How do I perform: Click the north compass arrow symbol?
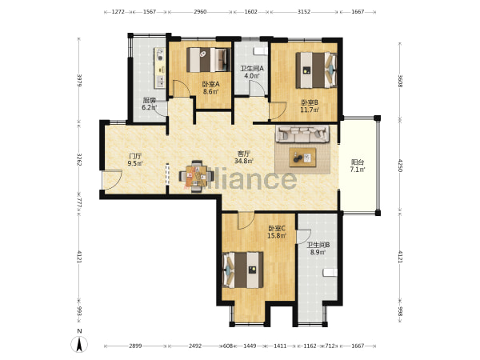click(79, 343)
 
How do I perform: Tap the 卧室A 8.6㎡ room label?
click(210, 87)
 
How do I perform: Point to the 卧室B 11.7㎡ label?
click(310, 106)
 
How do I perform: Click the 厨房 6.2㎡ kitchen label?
click(150, 103)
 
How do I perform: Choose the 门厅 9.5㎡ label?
click(135, 159)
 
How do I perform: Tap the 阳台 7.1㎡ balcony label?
click(358, 166)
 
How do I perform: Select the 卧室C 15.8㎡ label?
click(277, 232)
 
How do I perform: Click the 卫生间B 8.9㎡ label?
click(318, 249)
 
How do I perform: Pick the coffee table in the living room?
click(302, 158)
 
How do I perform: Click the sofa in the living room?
click(302, 134)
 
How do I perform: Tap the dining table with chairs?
click(197, 176)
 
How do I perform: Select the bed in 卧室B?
click(316, 70)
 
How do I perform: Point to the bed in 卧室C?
click(243, 270)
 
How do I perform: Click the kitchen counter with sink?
click(160, 68)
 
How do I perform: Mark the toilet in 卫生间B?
click(330, 273)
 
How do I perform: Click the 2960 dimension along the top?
click(200, 12)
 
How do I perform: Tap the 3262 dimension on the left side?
click(79, 159)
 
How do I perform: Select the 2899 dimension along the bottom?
click(135, 346)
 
